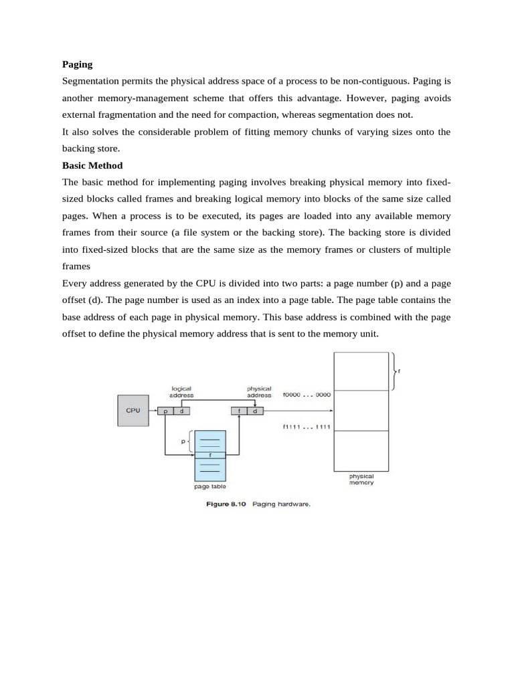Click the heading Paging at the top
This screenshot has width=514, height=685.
(x=77, y=64)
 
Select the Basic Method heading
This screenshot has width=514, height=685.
(x=92, y=165)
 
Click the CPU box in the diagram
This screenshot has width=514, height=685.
(x=133, y=410)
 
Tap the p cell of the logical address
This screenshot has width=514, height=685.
(x=165, y=411)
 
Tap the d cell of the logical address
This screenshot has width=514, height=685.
(x=181, y=411)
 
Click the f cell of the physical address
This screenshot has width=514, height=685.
(x=240, y=411)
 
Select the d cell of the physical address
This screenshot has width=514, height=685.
(x=255, y=411)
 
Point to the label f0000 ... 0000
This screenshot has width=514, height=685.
(x=307, y=395)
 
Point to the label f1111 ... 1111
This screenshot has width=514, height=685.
(x=307, y=427)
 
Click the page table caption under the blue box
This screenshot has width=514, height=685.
(x=210, y=486)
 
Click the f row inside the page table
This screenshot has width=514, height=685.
(x=210, y=455)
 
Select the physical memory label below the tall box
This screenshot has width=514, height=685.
(x=361, y=479)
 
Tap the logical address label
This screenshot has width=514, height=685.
(x=181, y=391)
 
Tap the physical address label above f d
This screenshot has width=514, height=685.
(x=259, y=391)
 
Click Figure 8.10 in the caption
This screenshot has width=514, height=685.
(x=227, y=504)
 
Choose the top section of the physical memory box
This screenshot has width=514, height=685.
(x=361, y=371)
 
